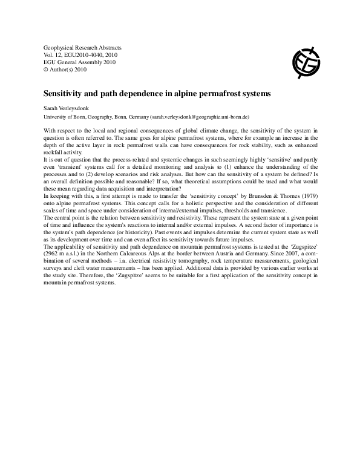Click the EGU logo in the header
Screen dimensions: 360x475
[305, 60]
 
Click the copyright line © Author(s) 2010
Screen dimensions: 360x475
[67, 69]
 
